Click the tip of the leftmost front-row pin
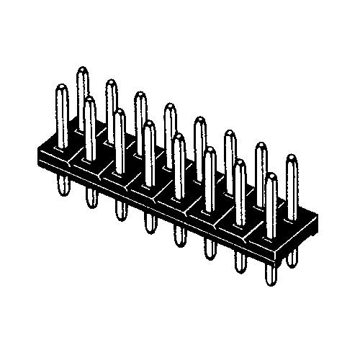pos(60,88)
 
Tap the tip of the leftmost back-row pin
pos(81,70)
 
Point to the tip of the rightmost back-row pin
pos(291,158)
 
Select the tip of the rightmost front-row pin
pos(271,176)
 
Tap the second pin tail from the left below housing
pos(91,197)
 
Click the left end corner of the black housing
pos(37,154)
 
